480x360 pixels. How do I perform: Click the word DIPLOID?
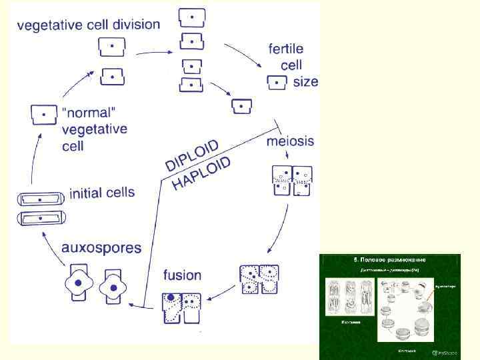point(193,154)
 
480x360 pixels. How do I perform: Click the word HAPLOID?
point(202,173)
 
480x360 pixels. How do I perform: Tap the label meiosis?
point(290,141)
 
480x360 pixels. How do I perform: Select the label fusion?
point(182,275)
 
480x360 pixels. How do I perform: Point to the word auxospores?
point(101,248)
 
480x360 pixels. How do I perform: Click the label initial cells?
point(102,194)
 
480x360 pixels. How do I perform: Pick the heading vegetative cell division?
point(88,25)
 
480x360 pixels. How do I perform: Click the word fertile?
point(286,49)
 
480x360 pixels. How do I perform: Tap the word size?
point(305,82)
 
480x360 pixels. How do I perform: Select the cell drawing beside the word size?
point(277,83)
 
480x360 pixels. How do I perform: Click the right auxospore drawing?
point(112,285)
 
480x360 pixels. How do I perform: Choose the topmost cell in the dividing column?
point(191,16)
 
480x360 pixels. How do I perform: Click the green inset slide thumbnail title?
point(390,259)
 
